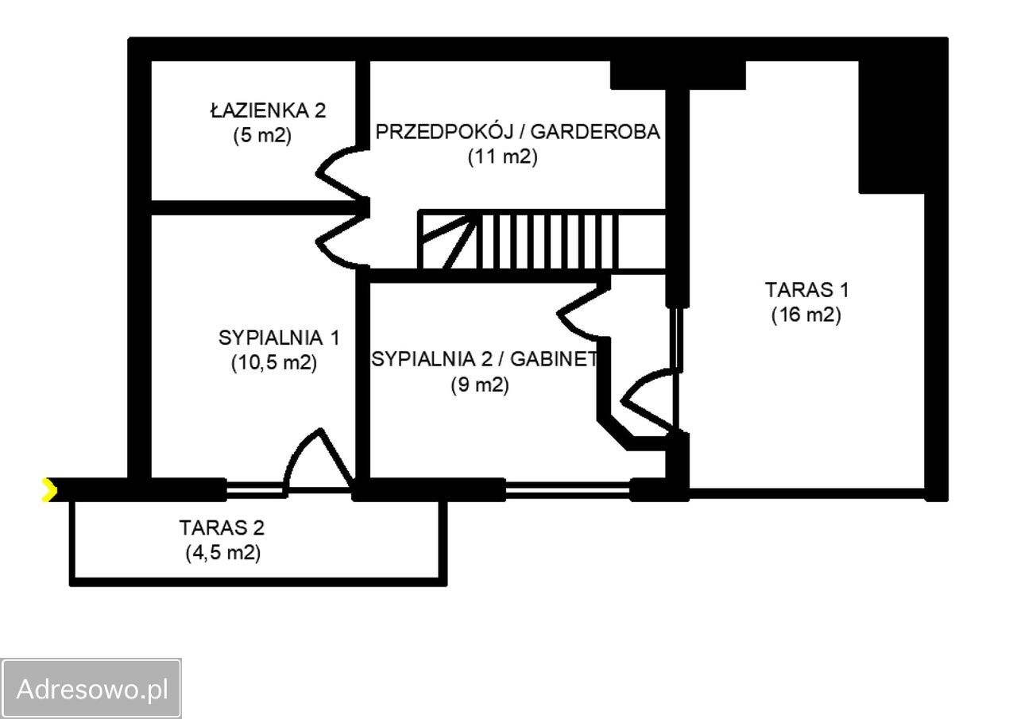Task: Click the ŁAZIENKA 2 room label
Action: tap(268, 110)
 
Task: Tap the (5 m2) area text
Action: tap(262, 135)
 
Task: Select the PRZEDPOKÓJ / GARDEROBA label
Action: tap(517, 132)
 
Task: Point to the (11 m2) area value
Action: tap(503, 157)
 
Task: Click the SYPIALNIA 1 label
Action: tap(279, 338)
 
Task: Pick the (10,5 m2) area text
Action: tap(274, 362)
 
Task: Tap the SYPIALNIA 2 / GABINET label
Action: tap(485, 359)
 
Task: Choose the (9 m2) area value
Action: tap(480, 385)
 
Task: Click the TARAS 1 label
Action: tap(806, 290)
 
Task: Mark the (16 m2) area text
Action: tap(806, 315)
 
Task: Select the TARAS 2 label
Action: tap(222, 528)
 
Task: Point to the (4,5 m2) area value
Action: tap(223, 553)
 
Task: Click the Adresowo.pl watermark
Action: tap(92, 689)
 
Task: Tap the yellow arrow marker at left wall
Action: tap(49, 490)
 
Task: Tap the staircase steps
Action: tap(541, 242)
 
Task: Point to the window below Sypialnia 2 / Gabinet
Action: tap(567, 490)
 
